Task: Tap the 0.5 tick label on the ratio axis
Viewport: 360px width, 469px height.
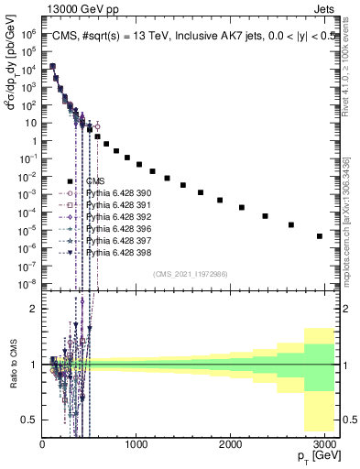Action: coord(30,420)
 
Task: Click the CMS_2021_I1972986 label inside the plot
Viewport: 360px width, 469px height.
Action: coord(189,273)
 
